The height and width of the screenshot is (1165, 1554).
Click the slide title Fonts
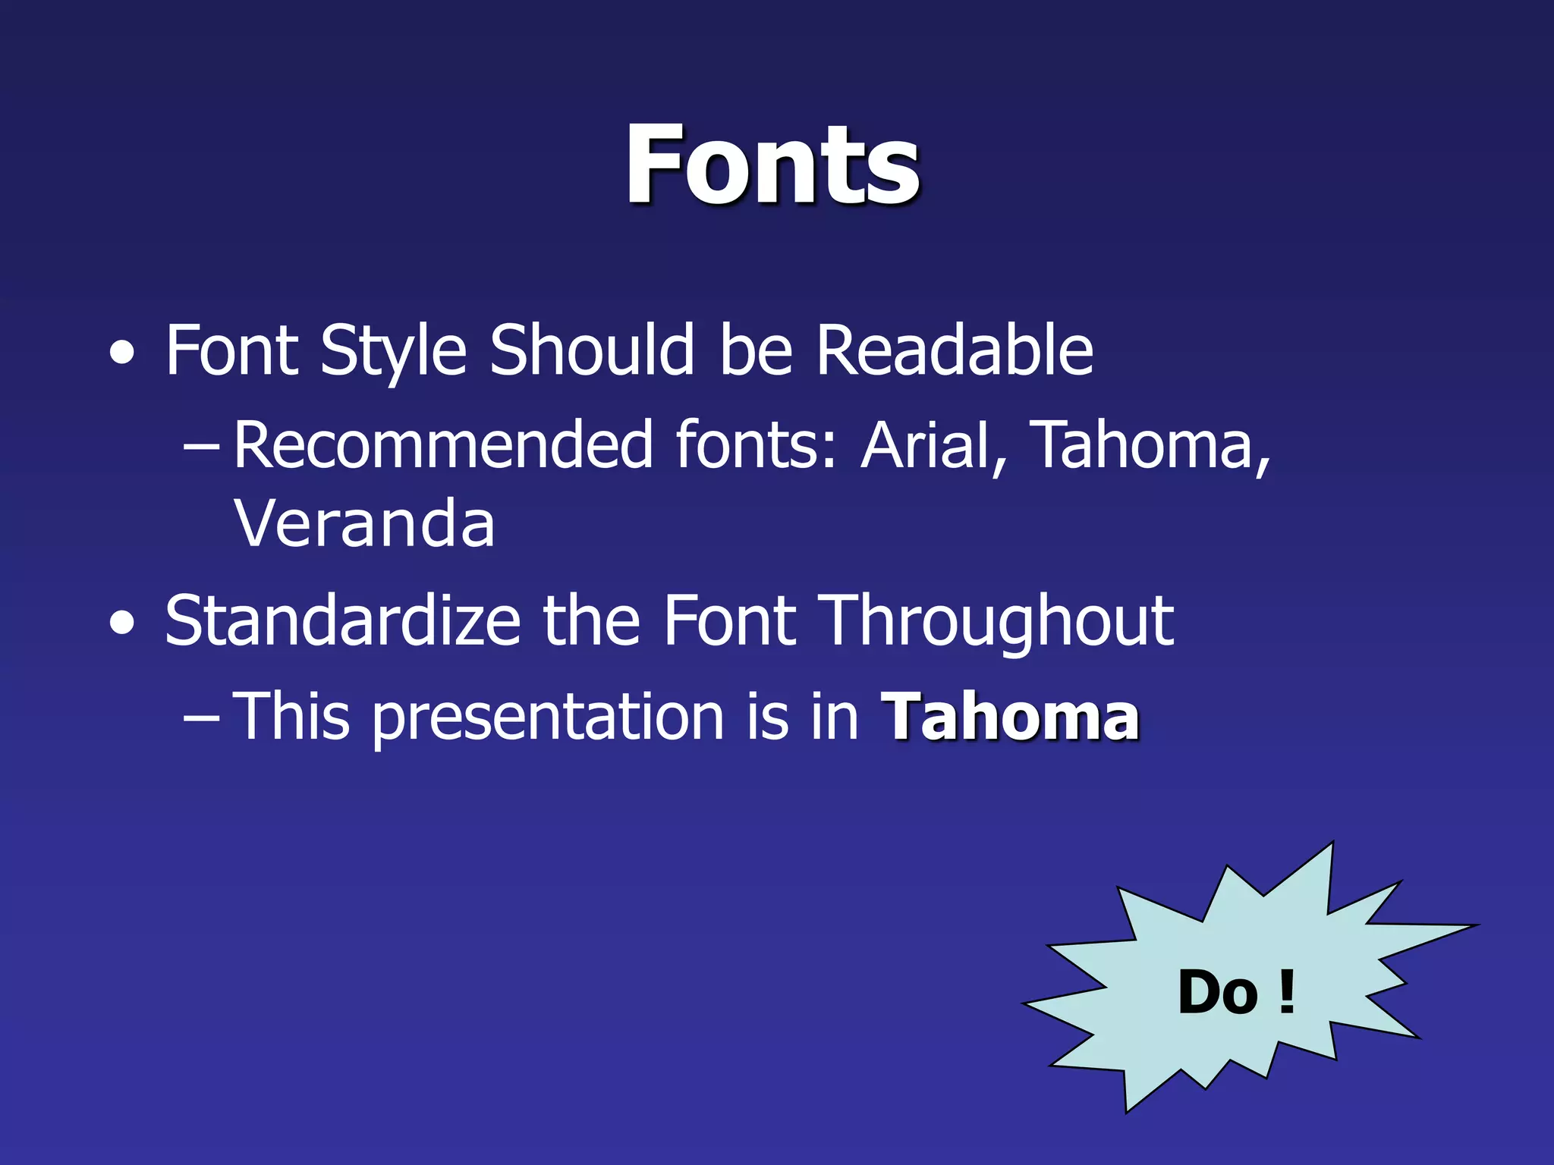pos(772,165)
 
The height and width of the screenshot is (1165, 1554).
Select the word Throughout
pos(999,621)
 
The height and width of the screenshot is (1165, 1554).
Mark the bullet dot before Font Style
pos(123,353)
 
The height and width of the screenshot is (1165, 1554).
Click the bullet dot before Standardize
pos(123,623)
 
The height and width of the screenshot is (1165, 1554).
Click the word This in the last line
pos(291,716)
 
